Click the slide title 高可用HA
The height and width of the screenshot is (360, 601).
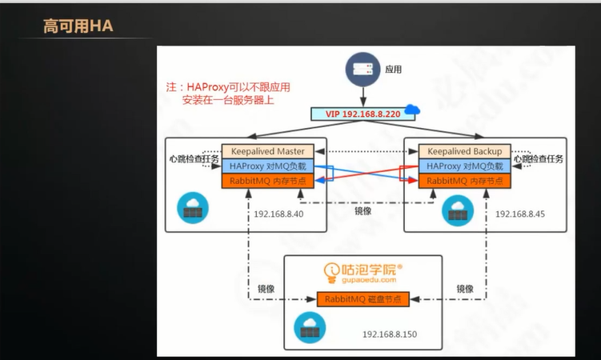(x=78, y=27)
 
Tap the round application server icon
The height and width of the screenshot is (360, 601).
(x=363, y=70)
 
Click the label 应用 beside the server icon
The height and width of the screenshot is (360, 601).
(x=393, y=70)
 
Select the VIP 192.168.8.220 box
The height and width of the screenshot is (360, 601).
(x=363, y=114)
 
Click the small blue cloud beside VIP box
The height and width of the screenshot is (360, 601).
(x=413, y=109)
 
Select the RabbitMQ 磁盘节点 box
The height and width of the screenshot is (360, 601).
(x=363, y=299)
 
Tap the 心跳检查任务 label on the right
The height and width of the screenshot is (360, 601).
(x=538, y=158)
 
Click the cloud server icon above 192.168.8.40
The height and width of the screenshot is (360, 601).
(x=193, y=207)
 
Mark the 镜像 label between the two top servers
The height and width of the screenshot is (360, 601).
(x=363, y=211)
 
